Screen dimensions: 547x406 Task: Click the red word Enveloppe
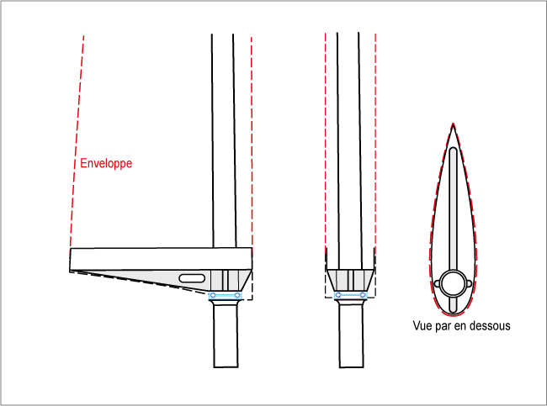pos(106,163)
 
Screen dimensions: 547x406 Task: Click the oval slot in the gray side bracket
pos(192,278)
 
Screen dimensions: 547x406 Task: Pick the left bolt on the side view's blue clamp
pos(214,296)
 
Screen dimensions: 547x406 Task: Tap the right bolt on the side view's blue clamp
pos(237,296)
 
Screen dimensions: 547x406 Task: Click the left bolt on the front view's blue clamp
pos(337,295)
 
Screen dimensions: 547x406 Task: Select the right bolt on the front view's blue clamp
pos(363,295)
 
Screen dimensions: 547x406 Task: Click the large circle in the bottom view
pos(453,283)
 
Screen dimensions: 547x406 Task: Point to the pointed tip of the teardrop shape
pos(453,124)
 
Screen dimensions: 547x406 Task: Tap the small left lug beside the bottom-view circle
pos(437,283)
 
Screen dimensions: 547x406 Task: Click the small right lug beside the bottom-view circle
pos(470,283)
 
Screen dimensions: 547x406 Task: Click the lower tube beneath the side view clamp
pos(226,334)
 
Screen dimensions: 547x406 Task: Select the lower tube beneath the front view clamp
pos(351,334)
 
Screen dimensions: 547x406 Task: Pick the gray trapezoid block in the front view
pos(351,280)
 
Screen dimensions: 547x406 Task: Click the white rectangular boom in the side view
pos(162,259)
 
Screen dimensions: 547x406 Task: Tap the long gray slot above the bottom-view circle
pos(453,209)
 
